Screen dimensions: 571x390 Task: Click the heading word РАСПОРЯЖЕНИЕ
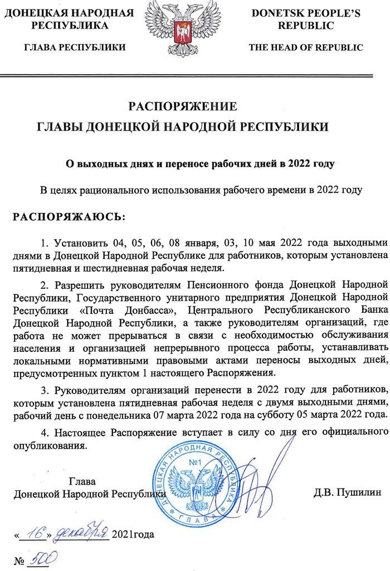tap(183, 107)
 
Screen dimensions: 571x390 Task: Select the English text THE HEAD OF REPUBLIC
tap(306, 47)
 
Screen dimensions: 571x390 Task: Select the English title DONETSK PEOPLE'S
tap(306, 13)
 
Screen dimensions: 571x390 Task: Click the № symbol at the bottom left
tap(19, 559)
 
